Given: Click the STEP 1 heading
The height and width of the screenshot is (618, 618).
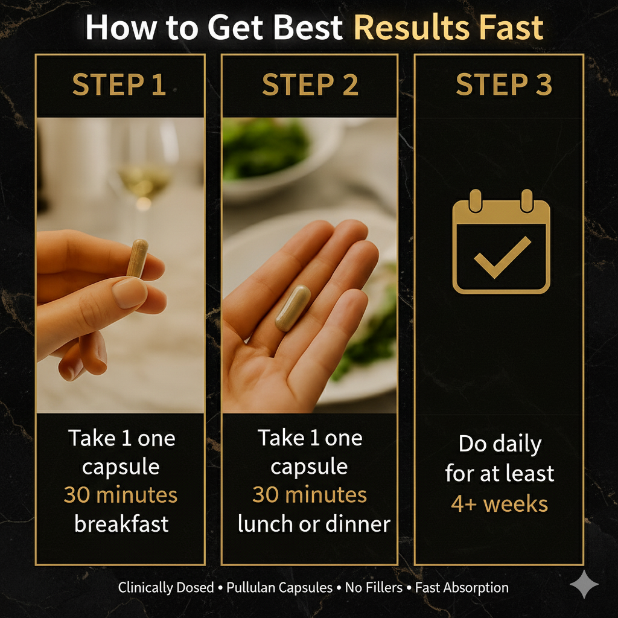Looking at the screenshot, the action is pyautogui.click(x=119, y=84).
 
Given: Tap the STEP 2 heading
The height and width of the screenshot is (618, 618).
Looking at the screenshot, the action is pyautogui.click(x=310, y=84).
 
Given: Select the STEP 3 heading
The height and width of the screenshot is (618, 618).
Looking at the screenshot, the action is pyautogui.click(x=504, y=84).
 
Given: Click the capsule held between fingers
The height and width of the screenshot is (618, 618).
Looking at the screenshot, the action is pyautogui.click(x=137, y=258).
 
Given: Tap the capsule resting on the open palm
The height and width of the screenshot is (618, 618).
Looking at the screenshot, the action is pyautogui.click(x=293, y=308).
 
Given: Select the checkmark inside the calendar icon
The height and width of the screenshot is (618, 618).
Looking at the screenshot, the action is pyautogui.click(x=502, y=256).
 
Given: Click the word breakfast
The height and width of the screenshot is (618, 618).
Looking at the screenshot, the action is pyautogui.click(x=121, y=524).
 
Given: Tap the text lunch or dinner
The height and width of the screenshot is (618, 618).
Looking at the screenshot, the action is pyautogui.click(x=314, y=524).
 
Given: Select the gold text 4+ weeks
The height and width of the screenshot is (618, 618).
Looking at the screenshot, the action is pyautogui.click(x=499, y=504).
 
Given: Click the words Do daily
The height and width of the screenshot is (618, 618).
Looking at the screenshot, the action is pyautogui.click(x=500, y=444).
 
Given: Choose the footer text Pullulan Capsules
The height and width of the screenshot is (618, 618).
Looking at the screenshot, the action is pyautogui.click(x=279, y=588).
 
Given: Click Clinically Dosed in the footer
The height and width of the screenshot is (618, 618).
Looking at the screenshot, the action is pyautogui.click(x=166, y=588).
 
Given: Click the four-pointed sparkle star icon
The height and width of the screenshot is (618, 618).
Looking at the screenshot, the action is pyautogui.click(x=584, y=584).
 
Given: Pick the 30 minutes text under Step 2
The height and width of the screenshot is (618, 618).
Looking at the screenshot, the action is pyautogui.click(x=310, y=495).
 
